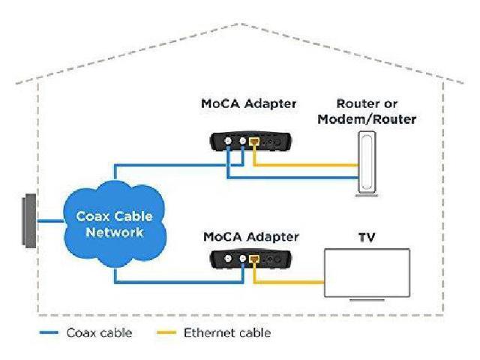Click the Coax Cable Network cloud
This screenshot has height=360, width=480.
(113, 224)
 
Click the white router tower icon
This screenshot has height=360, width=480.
(367, 163)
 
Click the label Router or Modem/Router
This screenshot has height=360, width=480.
(367, 111)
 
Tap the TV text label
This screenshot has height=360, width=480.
(367, 238)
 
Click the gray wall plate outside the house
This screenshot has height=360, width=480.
(28, 220)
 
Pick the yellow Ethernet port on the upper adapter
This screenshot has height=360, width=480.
(255, 140)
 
